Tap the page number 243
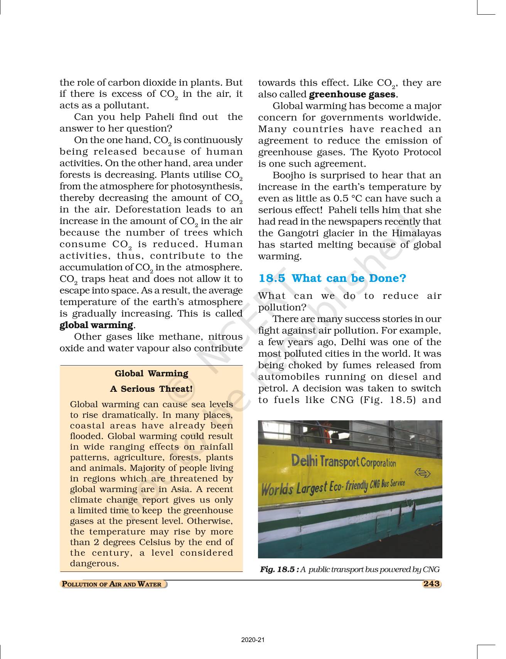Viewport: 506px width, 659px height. [431, 583]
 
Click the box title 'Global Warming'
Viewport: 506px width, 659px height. [152, 373]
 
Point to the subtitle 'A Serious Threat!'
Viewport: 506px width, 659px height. [151, 389]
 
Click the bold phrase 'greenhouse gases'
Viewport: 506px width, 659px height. [352, 94]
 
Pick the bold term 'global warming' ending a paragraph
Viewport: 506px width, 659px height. [96, 325]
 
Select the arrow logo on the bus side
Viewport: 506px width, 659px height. [422, 472]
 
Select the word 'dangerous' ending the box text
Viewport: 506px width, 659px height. [93, 563]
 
